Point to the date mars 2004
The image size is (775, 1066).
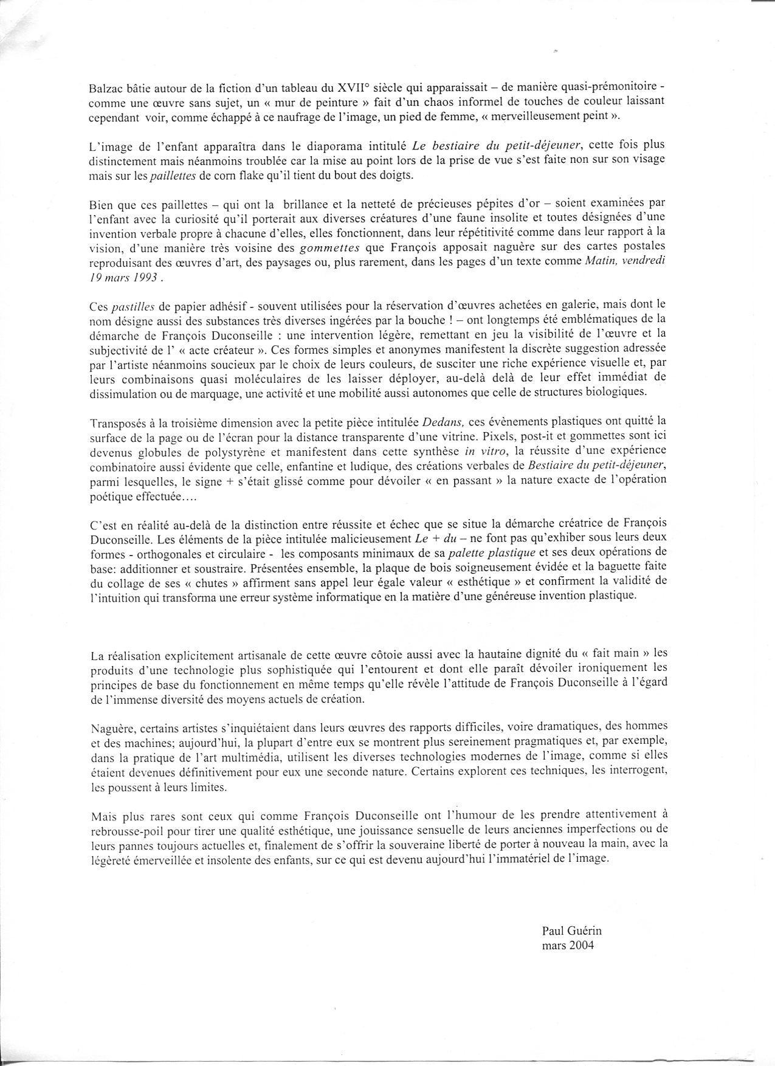pos(568,945)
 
